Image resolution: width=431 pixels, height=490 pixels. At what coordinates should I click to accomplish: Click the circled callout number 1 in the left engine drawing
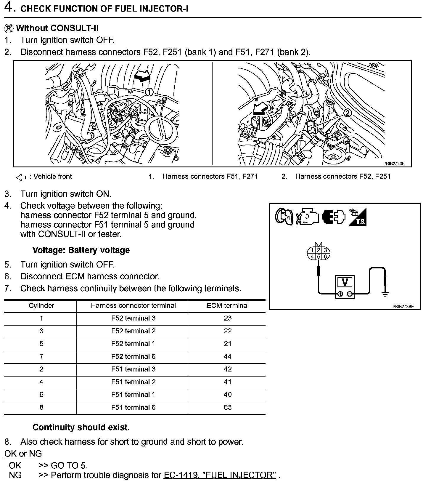pyautogui.click(x=149, y=92)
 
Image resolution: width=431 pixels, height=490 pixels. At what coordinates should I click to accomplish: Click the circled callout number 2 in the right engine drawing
pyautogui.click(x=348, y=113)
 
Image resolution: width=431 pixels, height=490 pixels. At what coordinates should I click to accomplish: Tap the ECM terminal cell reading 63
pyautogui.click(x=227, y=407)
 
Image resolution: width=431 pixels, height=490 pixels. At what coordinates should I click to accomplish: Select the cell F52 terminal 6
pyautogui.click(x=133, y=356)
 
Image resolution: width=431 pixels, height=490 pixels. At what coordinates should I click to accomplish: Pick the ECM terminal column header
pyautogui.click(x=227, y=305)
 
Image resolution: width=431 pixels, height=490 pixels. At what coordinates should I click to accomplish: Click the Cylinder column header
pyautogui.click(x=41, y=305)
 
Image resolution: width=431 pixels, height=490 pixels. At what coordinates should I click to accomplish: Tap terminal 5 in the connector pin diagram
pyautogui.click(x=319, y=257)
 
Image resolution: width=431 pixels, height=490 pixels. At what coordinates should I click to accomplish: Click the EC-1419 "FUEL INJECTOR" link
pyautogui.click(x=220, y=475)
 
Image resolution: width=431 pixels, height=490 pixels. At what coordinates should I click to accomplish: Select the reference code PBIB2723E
pyautogui.click(x=394, y=164)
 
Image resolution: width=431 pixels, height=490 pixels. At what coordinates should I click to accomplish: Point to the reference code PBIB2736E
pyautogui.click(x=403, y=306)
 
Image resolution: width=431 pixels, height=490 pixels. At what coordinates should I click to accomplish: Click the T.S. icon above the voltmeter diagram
pyautogui.click(x=357, y=217)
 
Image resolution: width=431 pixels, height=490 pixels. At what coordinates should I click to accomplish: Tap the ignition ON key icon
pyautogui.click(x=284, y=217)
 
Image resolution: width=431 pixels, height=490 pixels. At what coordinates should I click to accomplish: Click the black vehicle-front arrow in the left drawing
pyautogui.click(x=142, y=77)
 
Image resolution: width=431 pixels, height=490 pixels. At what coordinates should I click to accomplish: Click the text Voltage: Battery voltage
pyautogui.click(x=81, y=250)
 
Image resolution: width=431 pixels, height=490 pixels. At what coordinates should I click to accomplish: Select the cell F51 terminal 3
pyautogui.click(x=133, y=369)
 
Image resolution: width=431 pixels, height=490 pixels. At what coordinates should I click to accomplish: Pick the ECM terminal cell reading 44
pyautogui.click(x=227, y=356)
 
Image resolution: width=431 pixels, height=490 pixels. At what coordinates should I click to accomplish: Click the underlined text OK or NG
pyautogui.click(x=23, y=454)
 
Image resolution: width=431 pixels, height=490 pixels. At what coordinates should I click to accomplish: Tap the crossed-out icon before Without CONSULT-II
pyautogui.click(x=9, y=28)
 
